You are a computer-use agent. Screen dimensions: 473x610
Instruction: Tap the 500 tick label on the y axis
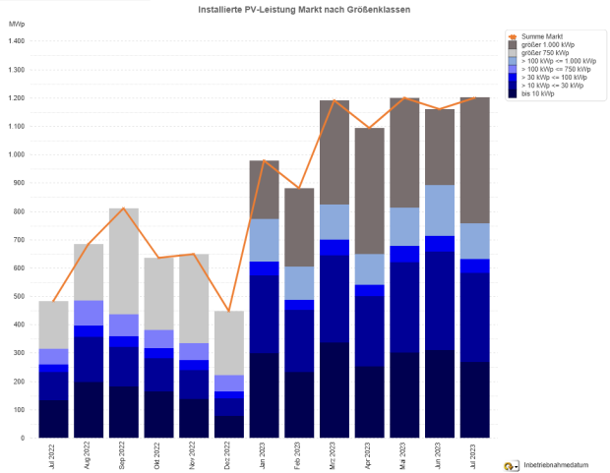19,296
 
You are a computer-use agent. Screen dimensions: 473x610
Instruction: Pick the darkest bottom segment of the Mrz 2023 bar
335,389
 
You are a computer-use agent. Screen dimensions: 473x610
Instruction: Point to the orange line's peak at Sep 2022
124,208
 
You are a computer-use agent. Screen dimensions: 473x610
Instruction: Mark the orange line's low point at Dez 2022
229,312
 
